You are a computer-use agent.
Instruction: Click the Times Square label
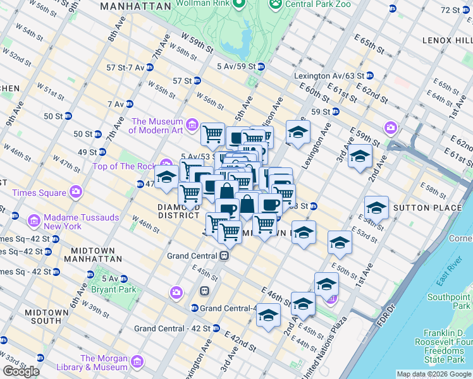[x=35, y=190]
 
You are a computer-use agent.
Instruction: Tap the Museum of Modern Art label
[x=156, y=126]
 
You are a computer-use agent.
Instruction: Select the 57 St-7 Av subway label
[x=125, y=68]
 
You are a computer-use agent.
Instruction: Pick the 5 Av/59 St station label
[x=236, y=66]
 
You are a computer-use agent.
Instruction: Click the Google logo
[x=22, y=371]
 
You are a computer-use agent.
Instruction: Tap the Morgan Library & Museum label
[x=104, y=363]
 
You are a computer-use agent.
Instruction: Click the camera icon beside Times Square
[x=77, y=190]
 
